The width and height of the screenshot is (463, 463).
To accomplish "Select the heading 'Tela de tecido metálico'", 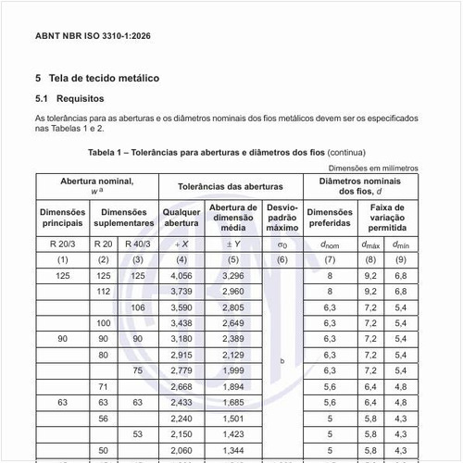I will coord(97,80).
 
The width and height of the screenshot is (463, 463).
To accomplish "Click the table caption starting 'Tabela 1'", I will coord(227,151).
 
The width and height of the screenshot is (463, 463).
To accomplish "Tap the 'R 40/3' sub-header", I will coord(138,244).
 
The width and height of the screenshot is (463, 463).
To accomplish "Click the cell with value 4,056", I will coord(181,276).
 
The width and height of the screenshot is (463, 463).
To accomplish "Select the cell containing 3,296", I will coord(232,276).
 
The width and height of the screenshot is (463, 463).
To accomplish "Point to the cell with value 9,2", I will coord(369,276).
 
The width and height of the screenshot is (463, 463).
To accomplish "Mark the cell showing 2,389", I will coord(232,339).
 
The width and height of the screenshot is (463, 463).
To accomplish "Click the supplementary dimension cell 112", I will coord(104,292).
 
